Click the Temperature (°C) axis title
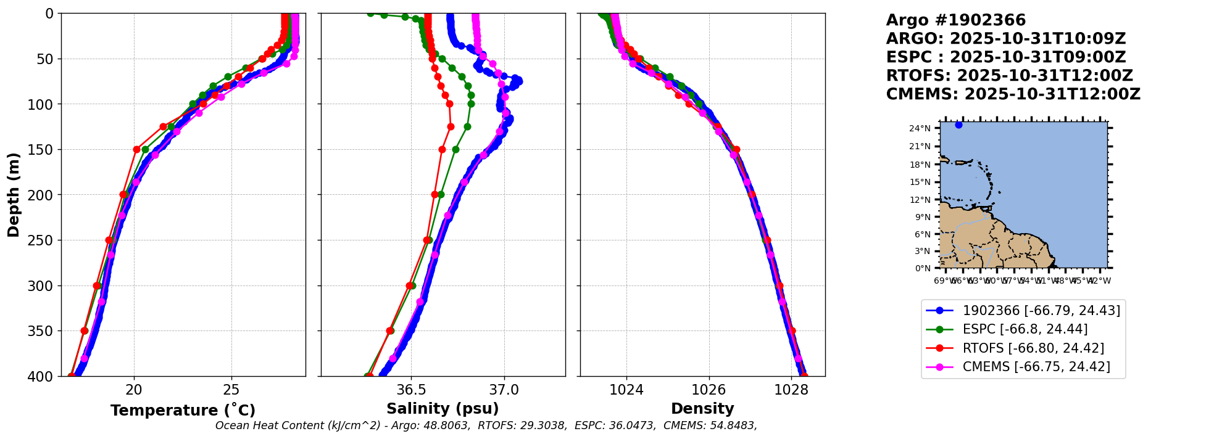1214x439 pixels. (x=183, y=411)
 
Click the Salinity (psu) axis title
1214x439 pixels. (x=443, y=409)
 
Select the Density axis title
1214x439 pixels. (x=702, y=409)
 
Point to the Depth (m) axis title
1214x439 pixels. (x=14, y=195)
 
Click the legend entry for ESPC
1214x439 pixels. (x=1025, y=329)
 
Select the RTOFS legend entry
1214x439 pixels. (x=1033, y=348)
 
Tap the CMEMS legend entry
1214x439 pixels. (x=1036, y=367)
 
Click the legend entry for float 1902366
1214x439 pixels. (x=1041, y=310)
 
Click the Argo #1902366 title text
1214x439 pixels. (x=955, y=20)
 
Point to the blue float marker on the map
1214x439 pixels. (x=958, y=125)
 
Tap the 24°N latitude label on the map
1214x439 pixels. (x=920, y=128)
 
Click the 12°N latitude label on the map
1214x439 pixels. (x=920, y=200)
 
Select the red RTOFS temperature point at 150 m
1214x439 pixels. (x=136, y=149)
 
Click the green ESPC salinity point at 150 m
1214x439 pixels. (x=455, y=149)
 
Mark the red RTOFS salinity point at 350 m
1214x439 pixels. (x=390, y=330)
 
